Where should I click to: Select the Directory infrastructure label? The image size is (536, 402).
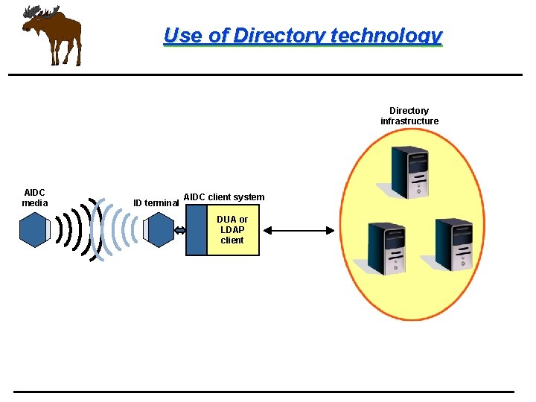pos(409,116)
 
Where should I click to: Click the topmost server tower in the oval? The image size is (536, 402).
pos(410,172)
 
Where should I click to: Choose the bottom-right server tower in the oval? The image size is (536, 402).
pos(453,244)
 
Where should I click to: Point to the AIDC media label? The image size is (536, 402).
pos(35,197)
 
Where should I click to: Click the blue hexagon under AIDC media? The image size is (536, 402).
pos(33,230)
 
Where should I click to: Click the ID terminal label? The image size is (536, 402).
pos(156,203)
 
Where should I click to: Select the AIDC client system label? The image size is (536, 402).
pos(223,197)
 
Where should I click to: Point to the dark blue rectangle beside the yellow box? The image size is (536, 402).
pos(196,230)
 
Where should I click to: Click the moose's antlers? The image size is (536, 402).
pos(42,11)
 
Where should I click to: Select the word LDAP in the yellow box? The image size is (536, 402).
pos(232,230)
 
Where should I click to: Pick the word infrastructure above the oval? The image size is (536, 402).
pos(409,121)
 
